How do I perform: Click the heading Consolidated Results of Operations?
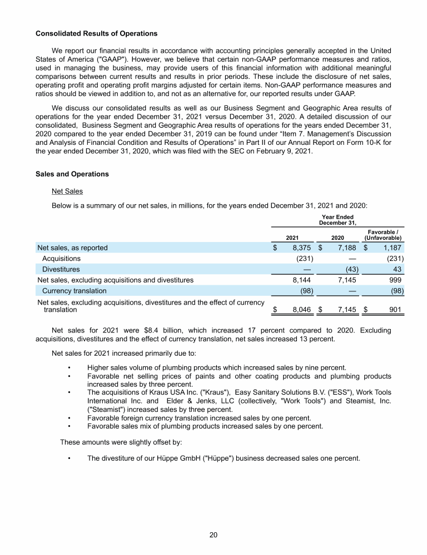(x=96, y=34)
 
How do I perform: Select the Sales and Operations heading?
(x=72, y=174)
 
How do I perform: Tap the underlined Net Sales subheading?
(x=67, y=191)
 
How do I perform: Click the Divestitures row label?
(x=61, y=269)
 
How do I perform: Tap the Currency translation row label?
(x=74, y=291)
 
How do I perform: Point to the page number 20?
(x=213, y=534)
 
